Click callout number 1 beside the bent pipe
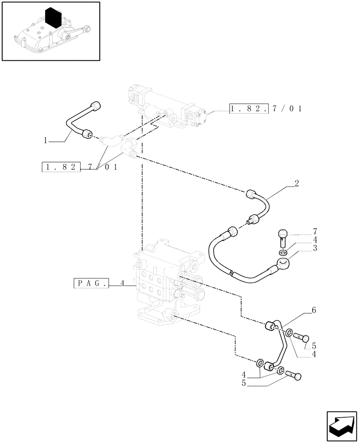[x=45, y=140]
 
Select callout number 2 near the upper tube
[x=297, y=183]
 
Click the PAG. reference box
[x=91, y=283]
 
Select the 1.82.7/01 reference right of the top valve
[x=266, y=109]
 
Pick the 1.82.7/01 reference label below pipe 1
[x=80, y=167]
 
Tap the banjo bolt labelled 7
[x=283, y=237]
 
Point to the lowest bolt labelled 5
[x=293, y=376]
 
